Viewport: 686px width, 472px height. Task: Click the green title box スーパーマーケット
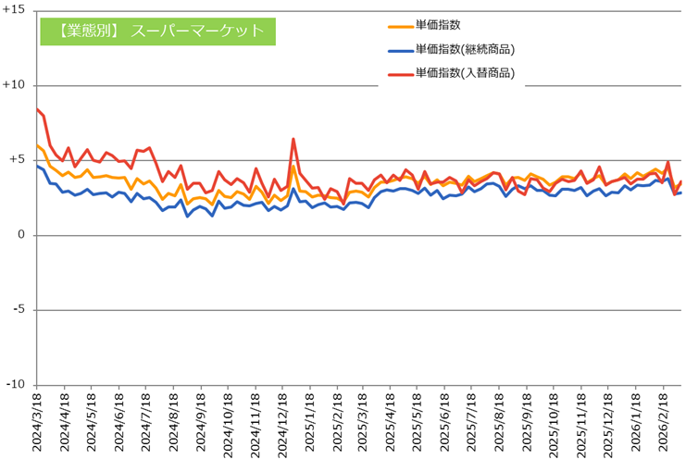click(158, 31)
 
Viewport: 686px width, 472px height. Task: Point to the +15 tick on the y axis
click(14, 10)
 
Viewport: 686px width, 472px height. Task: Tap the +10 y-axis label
click(14, 85)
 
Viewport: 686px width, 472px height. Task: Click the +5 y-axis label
click(18, 160)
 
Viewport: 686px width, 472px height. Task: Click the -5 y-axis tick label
click(19, 310)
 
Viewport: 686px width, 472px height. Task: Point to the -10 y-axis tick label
click(16, 385)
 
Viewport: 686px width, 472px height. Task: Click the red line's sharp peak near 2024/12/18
click(293, 140)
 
